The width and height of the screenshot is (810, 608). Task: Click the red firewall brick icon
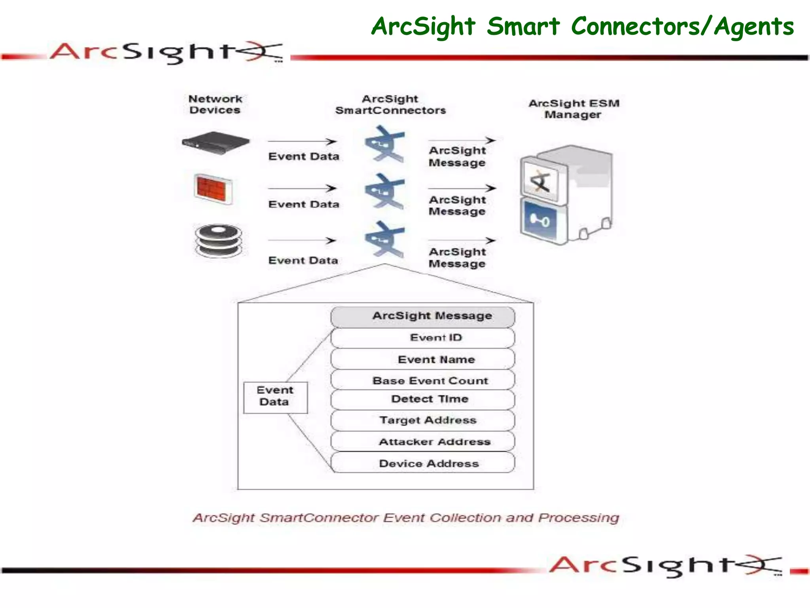tap(213, 189)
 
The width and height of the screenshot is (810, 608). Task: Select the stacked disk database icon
tap(218, 240)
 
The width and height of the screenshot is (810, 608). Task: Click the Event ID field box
tap(422, 338)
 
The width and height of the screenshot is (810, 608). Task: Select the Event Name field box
tap(422, 359)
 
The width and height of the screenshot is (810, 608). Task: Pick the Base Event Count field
tap(422, 380)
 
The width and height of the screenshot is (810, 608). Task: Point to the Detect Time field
tap(422, 399)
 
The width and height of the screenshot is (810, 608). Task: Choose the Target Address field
tap(422, 420)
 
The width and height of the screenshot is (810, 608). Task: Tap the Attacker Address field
tap(422, 442)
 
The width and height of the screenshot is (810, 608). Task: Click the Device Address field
tap(422, 463)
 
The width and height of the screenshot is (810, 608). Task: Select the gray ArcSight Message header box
tap(422, 316)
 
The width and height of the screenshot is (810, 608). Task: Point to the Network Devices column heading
tap(215, 104)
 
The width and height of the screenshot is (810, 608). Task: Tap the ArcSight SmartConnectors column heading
tap(390, 104)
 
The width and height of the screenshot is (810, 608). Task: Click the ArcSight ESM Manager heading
tap(573, 109)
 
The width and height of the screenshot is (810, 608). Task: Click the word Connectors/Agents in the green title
tap(682, 27)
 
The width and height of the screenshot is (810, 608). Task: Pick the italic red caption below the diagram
tap(406, 518)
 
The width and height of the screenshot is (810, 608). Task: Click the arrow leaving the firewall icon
tap(302, 188)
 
